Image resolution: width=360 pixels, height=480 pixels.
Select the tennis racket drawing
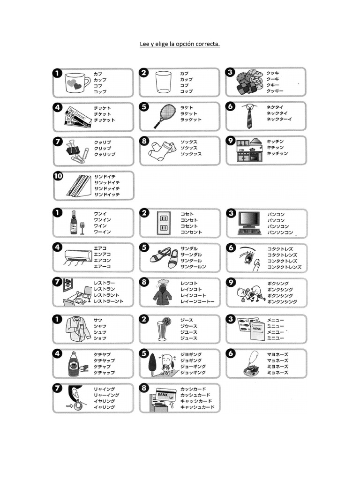pos(162,116)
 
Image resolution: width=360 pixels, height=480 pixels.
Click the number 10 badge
pos(59,177)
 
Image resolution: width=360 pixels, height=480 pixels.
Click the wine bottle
pos(73,223)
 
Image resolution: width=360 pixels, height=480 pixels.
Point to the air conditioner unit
pos(78,255)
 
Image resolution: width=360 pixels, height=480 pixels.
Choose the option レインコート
pos(191,295)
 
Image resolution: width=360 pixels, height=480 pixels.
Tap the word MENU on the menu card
pos(257,329)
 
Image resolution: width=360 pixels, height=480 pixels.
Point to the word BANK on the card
pos(162,395)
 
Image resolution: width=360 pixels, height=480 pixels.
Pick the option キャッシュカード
pos(196,401)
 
